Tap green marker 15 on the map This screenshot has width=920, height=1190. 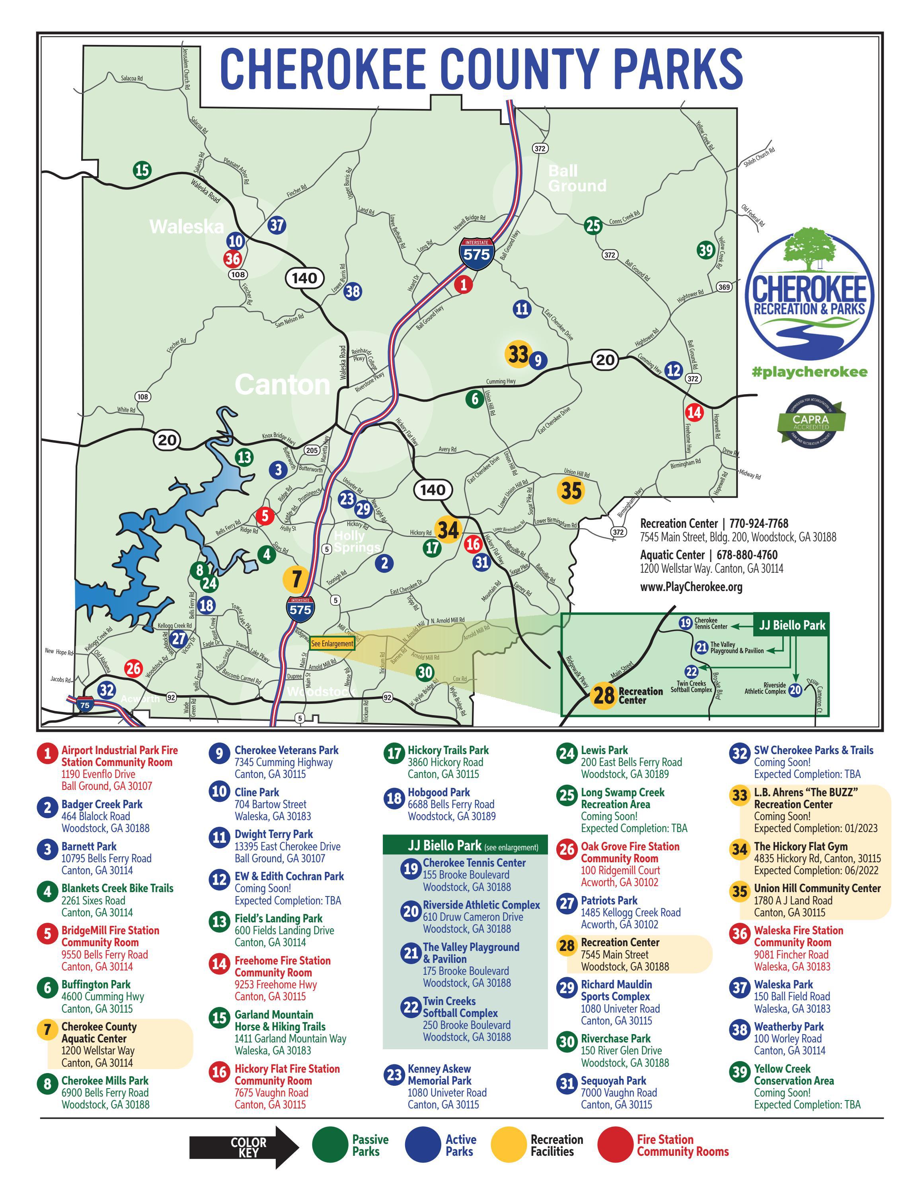coord(142,170)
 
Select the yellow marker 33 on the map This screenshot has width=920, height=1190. coord(517,354)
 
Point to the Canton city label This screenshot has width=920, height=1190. coord(282,385)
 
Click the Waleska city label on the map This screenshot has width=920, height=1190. coord(186,227)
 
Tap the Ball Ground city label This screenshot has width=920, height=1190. coord(577,178)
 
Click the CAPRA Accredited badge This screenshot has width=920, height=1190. coord(811,421)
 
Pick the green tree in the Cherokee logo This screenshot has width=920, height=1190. coord(809,249)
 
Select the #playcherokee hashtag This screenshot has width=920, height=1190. coord(809,372)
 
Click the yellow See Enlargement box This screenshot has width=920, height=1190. coord(332,644)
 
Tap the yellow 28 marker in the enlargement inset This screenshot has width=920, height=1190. coord(603,695)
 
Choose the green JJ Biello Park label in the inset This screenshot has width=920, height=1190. coord(792,626)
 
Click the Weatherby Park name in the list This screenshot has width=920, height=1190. coord(788,1027)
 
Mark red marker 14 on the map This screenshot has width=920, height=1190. coord(694,412)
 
